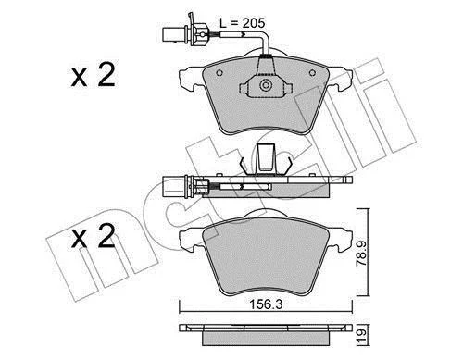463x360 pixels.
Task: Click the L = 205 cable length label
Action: point(243,23)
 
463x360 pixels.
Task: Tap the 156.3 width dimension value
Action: point(266,304)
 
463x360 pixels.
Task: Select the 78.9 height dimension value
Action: point(361,254)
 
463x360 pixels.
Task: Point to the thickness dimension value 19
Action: point(362,334)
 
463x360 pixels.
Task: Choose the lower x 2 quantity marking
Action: point(94,236)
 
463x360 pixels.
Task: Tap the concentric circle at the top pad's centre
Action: point(265,85)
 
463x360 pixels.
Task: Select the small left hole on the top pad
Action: point(219,73)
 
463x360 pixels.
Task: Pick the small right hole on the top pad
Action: point(312,73)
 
